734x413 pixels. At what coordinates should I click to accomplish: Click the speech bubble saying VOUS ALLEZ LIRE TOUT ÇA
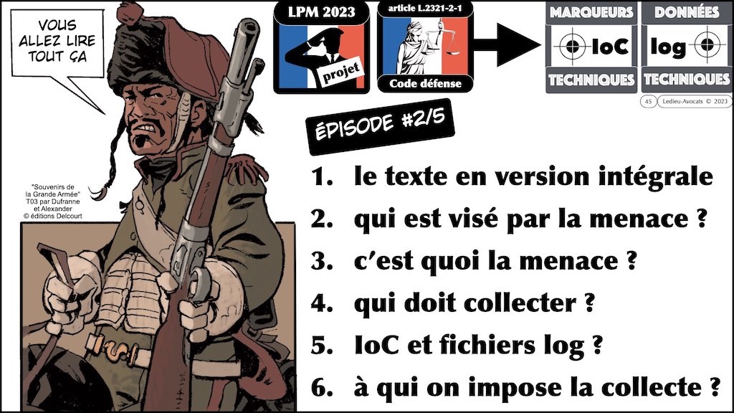pyautogui.click(x=57, y=43)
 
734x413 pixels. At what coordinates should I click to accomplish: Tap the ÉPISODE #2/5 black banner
pyautogui.click(x=380, y=126)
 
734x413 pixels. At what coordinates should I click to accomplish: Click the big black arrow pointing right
pyautogui.click(x=507, y=45)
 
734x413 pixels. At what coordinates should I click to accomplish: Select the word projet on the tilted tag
pyautogui.click(x=341, y=74)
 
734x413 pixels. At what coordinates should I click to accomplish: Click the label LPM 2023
pyautogui.click(x=321, y=12)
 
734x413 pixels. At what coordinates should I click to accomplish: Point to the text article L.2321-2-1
pyautogui.click(x=425, y=9)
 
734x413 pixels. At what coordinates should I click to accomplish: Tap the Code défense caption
pyautogui.click(x=425, y=84)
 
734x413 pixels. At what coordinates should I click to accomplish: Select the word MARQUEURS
pyautogui.click(x=591, y=12)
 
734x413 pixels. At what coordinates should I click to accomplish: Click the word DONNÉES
pyautogui.click(x=686, y=12)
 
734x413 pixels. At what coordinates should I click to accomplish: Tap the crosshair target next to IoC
pyautogui.click(x=572, y=46)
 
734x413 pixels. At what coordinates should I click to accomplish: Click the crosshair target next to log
pyautogui.click(x=707, y=45)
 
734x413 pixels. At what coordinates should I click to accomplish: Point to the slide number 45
pyautogui.click(x=648, y=101)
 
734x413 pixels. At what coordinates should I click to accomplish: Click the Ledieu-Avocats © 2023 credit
pyautogui.click(x=695, y=101)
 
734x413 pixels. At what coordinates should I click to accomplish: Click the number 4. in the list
pyautogui.click(x=322, y=303)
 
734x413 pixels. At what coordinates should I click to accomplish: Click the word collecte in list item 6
pyautogui.click(x=647, y=387)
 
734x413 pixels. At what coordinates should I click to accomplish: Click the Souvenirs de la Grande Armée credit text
pyautogui.click(x=53, y=201)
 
